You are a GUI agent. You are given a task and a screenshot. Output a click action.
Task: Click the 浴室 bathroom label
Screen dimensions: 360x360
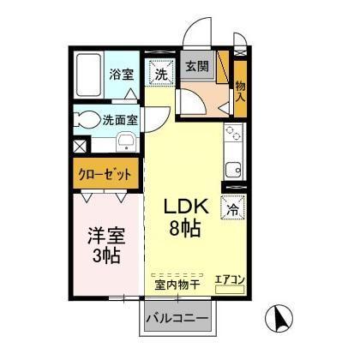coord(121,75)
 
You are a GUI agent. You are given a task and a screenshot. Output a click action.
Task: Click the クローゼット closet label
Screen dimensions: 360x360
coord(105,173)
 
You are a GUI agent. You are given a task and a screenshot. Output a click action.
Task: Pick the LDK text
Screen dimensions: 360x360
coord(185,209)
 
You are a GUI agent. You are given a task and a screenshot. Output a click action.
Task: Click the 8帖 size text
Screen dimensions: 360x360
coord(185,231)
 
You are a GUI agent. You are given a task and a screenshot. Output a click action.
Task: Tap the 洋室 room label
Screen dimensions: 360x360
coord(105,235)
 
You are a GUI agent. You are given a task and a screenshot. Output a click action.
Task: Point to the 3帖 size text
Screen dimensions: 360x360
coord(105,255)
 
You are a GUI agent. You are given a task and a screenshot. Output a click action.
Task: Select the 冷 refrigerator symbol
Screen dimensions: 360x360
coord(232,207)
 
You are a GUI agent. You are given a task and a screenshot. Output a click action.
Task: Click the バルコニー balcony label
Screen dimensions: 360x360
coord(177,319)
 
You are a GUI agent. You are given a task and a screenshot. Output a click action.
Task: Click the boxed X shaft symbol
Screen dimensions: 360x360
coord(80,147)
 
